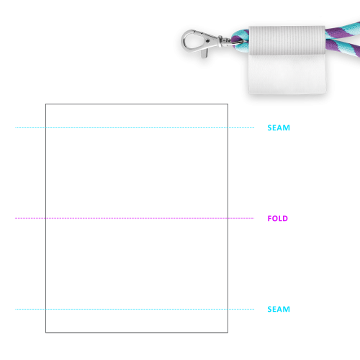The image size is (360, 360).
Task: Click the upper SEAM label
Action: point(279,127)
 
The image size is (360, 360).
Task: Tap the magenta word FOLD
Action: point(278,218)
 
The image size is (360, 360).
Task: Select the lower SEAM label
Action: point(279,309)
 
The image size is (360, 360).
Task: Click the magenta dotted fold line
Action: point(135,218)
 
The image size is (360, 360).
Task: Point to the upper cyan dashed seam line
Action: point(135,127)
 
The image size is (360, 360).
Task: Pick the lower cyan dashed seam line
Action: point(135,309)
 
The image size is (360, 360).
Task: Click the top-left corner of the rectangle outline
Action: point(45,104)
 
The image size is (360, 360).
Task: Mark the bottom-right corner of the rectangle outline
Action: point(228,333)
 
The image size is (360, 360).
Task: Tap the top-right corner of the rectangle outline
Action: point(228,104)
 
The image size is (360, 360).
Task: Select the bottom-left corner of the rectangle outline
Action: point(45,333)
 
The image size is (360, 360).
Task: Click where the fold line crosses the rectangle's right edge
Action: point(228,218)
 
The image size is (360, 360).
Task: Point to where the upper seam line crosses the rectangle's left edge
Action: point(45,127)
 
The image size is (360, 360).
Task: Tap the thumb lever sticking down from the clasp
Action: point(204,54)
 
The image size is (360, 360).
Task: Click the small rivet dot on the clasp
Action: point(207,41)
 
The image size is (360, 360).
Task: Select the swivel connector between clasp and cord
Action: point(225,41)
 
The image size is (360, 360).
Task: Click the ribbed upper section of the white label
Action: point(287,40)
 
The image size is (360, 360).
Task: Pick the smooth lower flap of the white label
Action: point(287,74)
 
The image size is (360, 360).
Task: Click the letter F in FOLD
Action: point(270,218)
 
